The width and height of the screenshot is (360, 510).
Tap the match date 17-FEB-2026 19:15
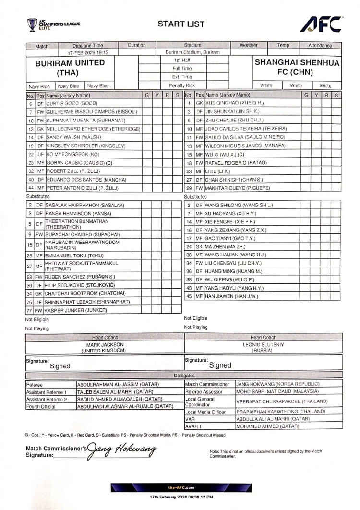[91, 52]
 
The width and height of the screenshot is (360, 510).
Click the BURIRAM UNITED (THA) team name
[70, 68]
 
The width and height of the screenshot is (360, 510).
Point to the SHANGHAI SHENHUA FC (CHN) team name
[296, 68]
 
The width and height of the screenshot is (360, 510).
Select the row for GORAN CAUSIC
[82, 162]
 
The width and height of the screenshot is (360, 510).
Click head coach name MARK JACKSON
[105, 345]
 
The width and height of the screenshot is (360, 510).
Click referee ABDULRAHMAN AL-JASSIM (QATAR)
[118, 384]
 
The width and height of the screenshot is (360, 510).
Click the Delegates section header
[184, 376]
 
